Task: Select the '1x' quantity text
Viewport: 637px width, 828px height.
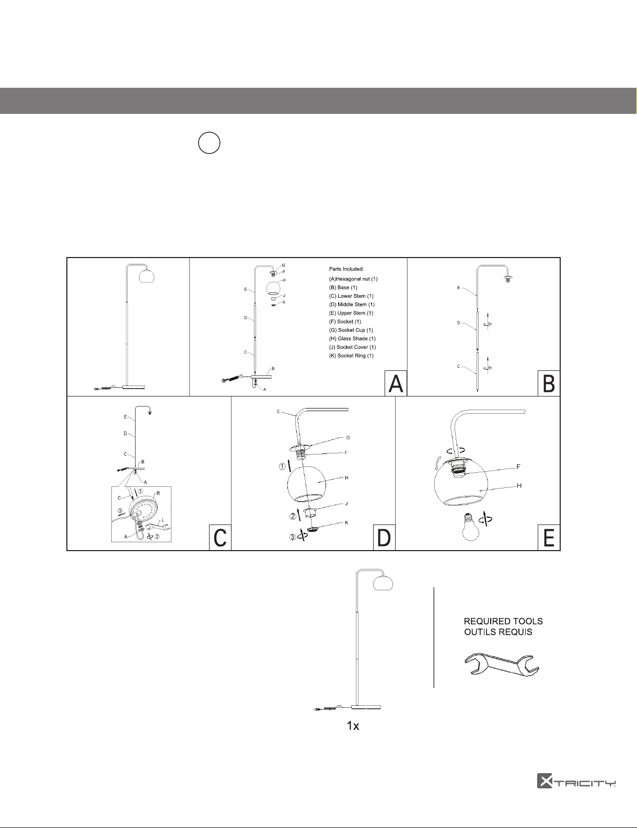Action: (353, 726)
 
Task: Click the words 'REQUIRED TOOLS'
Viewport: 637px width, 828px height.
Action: (503, 621)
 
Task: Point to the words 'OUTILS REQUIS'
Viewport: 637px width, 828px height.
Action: (499, 632)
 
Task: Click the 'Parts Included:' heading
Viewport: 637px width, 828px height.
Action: (346, 269)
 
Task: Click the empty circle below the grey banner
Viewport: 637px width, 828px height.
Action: (209, 143)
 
